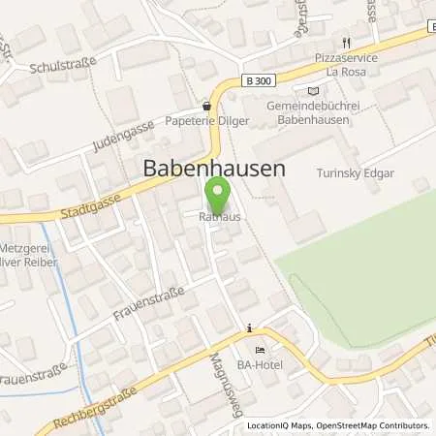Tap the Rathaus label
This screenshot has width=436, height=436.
coord(220,217)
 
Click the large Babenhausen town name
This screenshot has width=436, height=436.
coord(214,168)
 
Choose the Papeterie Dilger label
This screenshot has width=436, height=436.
coord(206,122)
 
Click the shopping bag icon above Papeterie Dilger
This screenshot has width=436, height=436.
coord(206,107)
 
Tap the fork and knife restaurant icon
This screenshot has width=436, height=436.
coord(346,44)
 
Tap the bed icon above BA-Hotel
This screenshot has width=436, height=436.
coord(259,350)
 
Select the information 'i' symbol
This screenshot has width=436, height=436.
coord(250,327)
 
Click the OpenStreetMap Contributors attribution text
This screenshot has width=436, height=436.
coord(372,425)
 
